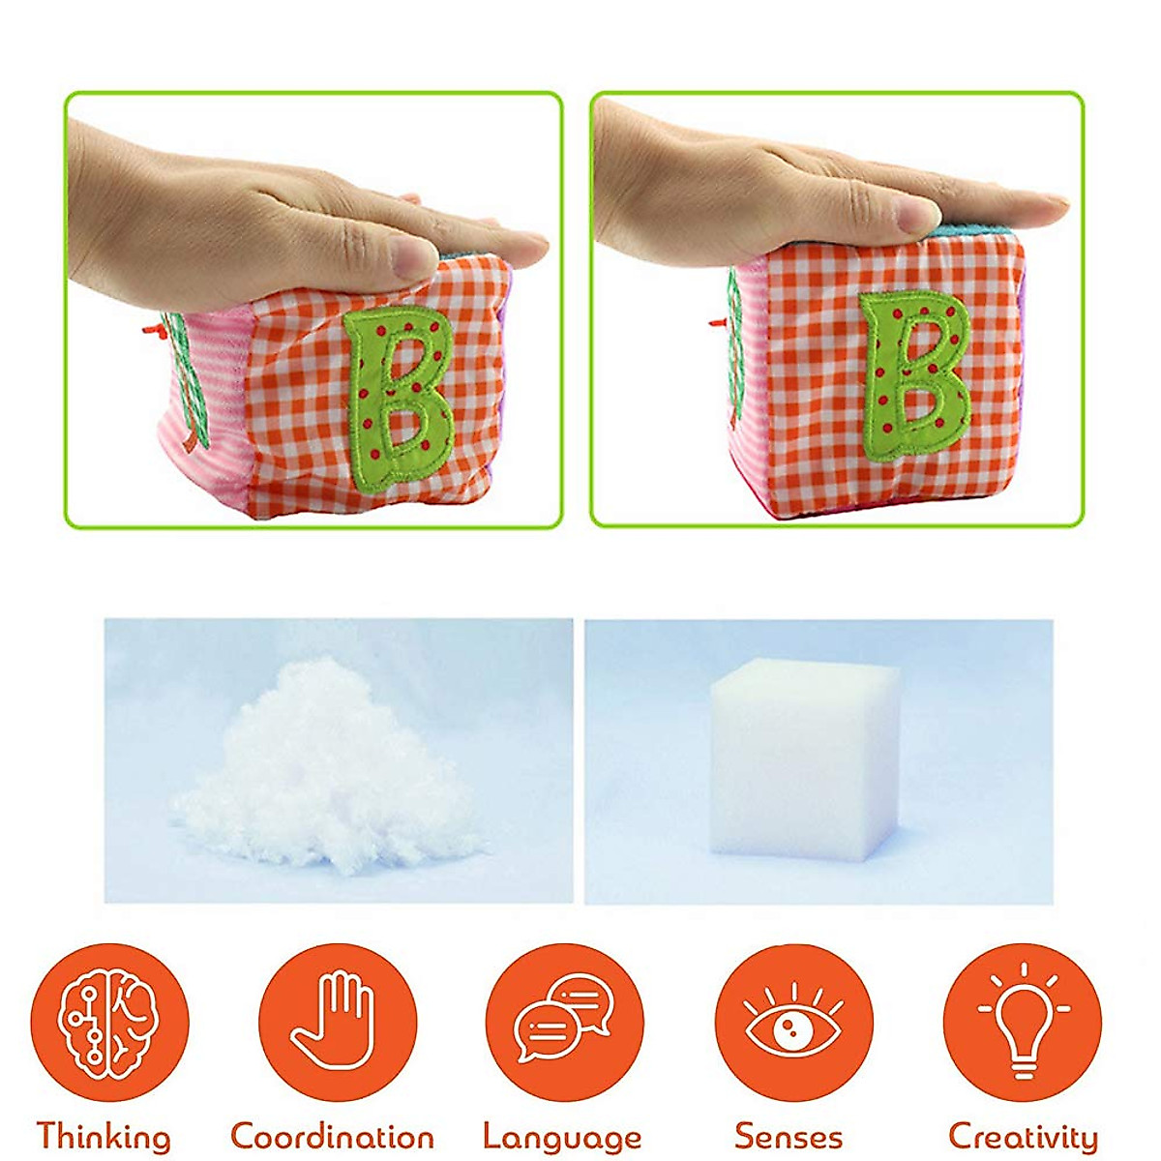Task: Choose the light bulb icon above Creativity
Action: (x=1022, y=1024)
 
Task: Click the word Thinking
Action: (x=104, y=1136)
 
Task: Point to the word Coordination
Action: (x=332, y=1135)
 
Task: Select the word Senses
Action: (x=789, y=1136)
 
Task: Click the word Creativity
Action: (x=1023, y=1136)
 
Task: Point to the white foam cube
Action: (x=804, y=764)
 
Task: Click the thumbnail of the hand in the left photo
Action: (x=417, y=254)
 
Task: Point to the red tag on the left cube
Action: (x=164, y=332)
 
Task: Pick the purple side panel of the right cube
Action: (x=1027, y=368)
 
